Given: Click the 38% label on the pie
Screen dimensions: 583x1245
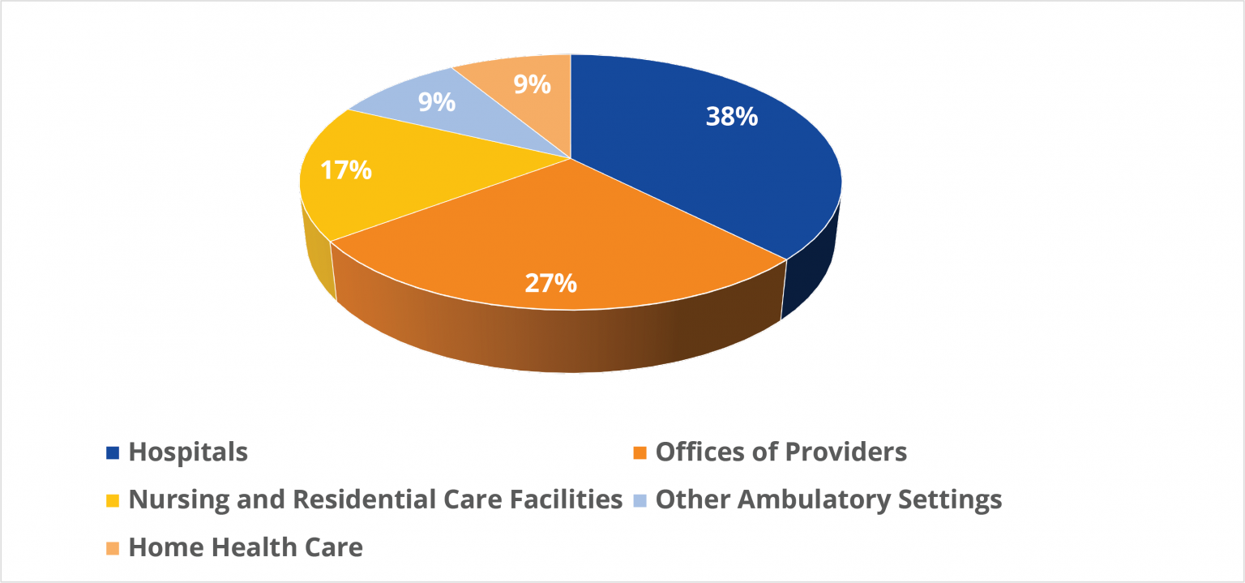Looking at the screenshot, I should click(731, 117).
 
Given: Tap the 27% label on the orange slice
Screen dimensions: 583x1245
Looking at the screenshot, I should click(550, 282).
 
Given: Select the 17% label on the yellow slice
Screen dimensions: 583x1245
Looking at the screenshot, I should click(346, 170).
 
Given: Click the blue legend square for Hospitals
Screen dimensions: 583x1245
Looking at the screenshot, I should click(113, 452).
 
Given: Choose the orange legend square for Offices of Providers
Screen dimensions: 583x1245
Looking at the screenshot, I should click(640, 452).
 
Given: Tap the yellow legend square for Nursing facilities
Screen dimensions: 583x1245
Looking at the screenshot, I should click(113, 500).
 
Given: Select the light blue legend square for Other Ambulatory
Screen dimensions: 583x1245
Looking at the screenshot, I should click(640, 500).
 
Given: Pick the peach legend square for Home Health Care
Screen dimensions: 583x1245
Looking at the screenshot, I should click(113, 548).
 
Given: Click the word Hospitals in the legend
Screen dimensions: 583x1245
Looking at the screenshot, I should click(188, 452).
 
